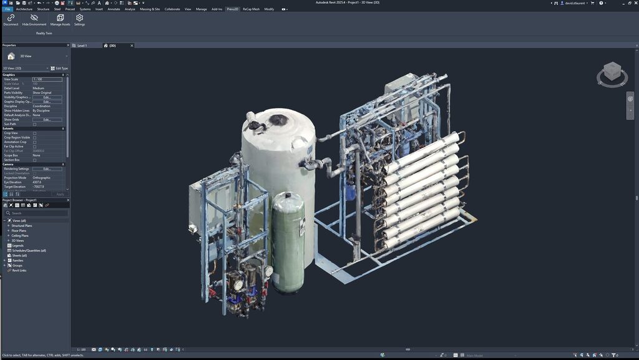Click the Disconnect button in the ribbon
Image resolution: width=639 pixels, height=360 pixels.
pos(11,19)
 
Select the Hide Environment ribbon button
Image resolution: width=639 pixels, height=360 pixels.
pos(34,19)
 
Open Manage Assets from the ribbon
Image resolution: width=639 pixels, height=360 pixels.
pos(60,19)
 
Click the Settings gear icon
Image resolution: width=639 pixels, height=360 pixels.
pos(79,19)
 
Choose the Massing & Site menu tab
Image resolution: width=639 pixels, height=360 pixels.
pos(149,9)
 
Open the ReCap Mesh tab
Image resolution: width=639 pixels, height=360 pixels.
pos(251,9)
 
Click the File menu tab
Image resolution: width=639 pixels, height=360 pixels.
pos(7,9)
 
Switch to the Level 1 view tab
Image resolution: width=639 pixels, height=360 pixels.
pos(81,46)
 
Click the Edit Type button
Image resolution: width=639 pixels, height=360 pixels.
pos(61,68)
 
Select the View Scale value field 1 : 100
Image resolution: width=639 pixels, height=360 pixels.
pos(47,79)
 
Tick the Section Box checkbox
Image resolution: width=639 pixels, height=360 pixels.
pos(34,160)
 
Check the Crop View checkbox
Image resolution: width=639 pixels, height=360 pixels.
pos(34,133)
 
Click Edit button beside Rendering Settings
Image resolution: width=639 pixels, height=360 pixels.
pos(47,168)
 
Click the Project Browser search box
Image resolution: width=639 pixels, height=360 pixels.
pos(37,213)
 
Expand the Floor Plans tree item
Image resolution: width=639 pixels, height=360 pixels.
pos(9,230)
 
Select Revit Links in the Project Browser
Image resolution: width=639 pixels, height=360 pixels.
pos(19,270)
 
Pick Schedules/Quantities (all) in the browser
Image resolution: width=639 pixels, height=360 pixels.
pos(29,250)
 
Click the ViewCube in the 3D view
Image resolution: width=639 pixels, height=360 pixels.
pos(612,72)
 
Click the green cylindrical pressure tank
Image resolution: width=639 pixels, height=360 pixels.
pos(288,243)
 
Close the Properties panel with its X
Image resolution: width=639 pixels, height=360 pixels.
pos(68,45)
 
